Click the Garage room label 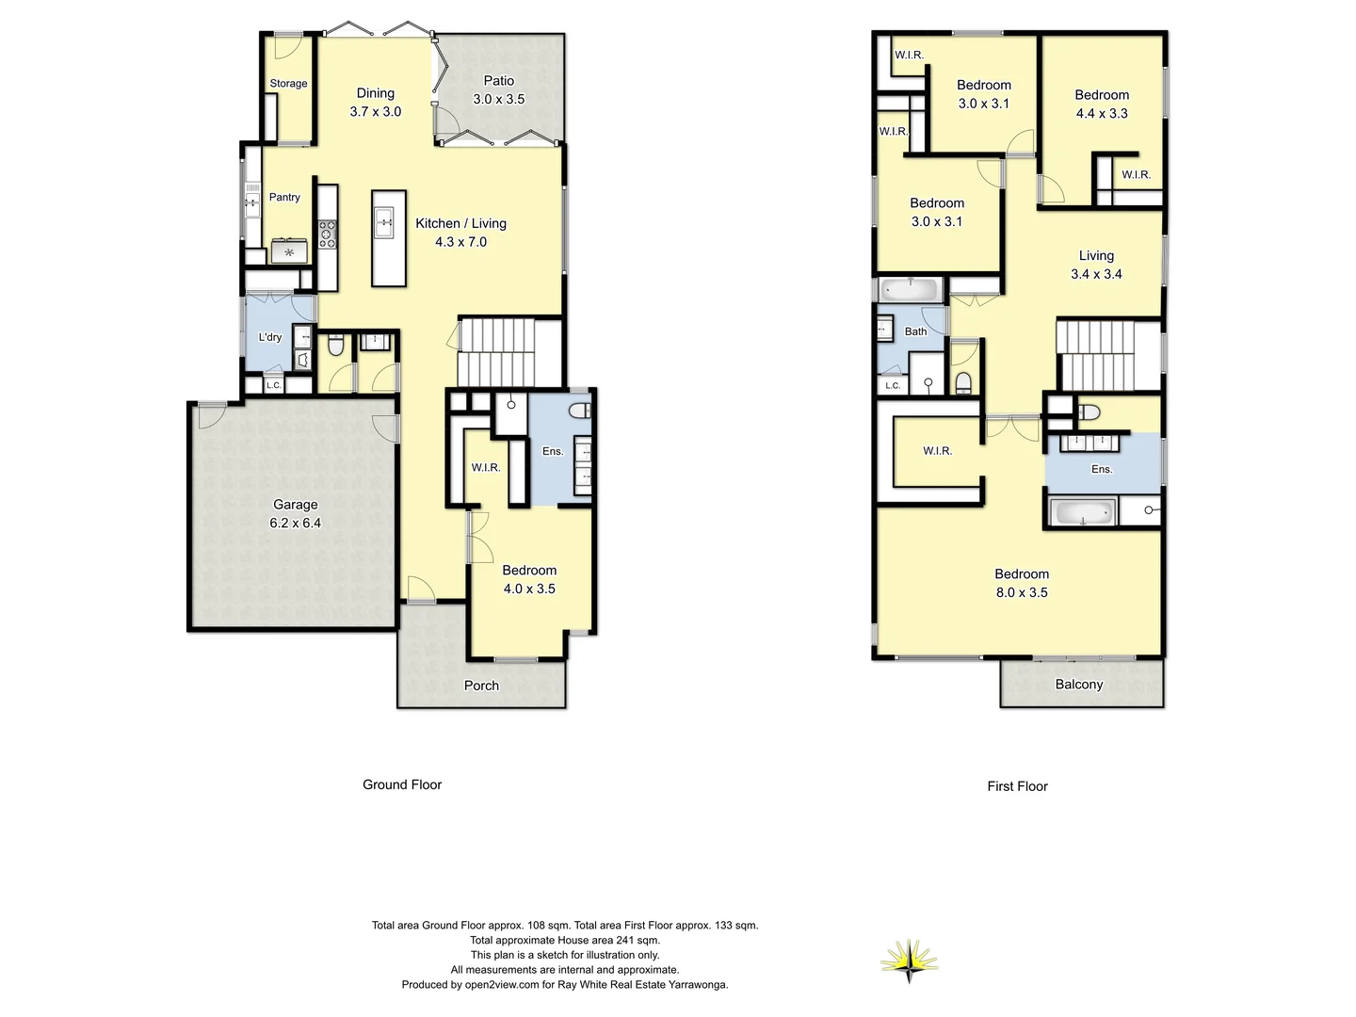[295, 505]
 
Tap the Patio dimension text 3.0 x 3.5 [498, 99]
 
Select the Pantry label [284, 197]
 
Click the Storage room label [288, 83]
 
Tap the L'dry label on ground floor [270, 337]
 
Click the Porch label [481, 686]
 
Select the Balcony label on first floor [1078, 685]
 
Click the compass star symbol [910, 960]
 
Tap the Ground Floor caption [402, 784]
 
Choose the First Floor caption [1017, 786]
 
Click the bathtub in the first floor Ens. [1083, 513]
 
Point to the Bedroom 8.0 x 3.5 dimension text [1022, 592]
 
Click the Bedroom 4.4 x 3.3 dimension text [1102, 113]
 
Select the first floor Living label [1096, 255]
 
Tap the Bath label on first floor [915, 331]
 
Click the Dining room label [375, 93]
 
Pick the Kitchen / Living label [460, 223]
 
